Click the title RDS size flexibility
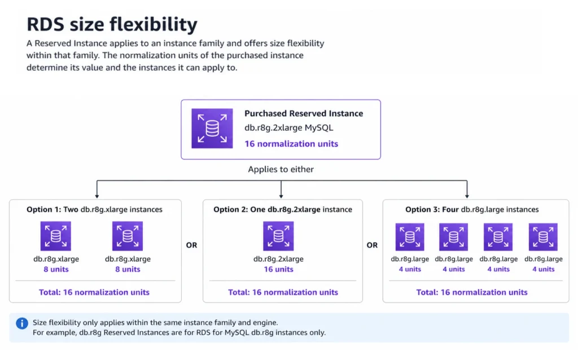(112, 24)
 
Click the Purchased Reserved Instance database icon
(212, 129)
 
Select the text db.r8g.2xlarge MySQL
(288, 128)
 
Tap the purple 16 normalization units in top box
(291, 144)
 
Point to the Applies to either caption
(281, 169)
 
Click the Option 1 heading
(94, 209)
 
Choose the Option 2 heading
(282, 209)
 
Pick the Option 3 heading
(472, 209)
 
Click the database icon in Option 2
(278, 236)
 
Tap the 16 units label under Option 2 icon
(278, 269)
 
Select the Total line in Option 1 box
(95, 292)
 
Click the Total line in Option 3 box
(472, 292)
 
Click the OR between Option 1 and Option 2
(192, 245)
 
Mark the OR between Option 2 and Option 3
(372, 245)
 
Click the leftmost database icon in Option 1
(55, 236)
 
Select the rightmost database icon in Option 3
(543, 238)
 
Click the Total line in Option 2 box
(283, 292)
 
